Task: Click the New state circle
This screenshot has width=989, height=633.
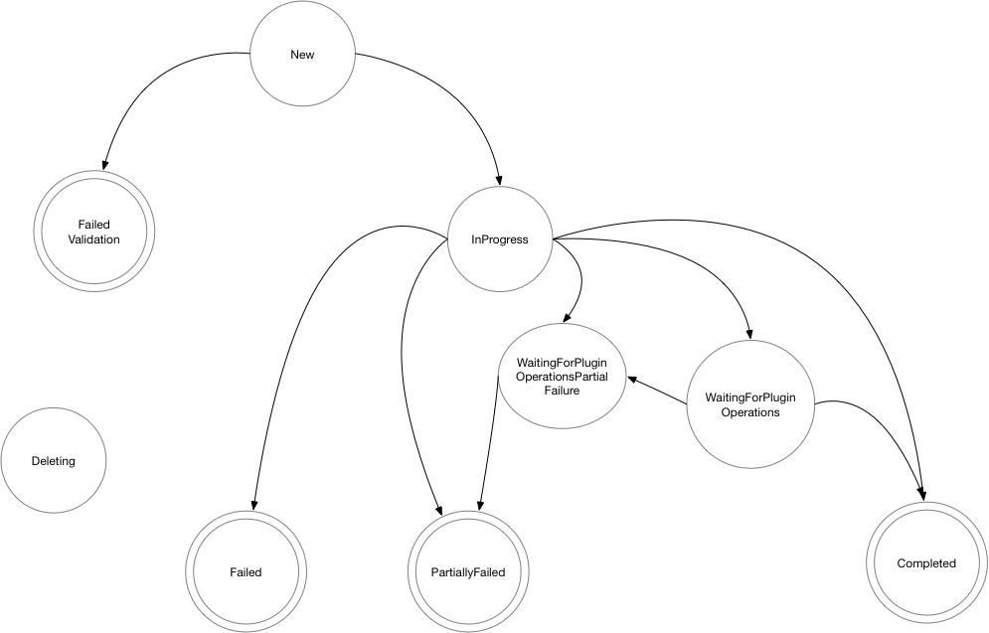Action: [x=302, y=55]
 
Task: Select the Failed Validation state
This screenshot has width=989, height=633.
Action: [x=93, y=232]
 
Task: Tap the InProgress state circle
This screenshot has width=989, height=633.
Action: [x=499, y=239]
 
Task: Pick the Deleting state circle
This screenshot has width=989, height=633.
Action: [x=53, y=461]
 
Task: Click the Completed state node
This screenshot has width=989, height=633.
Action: [x=925, y=563]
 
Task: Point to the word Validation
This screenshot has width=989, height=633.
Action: [x=93, y=239]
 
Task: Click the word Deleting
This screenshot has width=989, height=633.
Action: [x=53, y=461]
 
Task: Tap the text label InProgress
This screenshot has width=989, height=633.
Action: [x=499, y=239]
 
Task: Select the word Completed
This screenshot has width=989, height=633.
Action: [x=925, y=563]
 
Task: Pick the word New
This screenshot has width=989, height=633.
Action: [x=302, y=55]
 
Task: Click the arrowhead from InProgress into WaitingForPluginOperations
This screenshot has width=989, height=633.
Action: [x=748, y=336]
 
